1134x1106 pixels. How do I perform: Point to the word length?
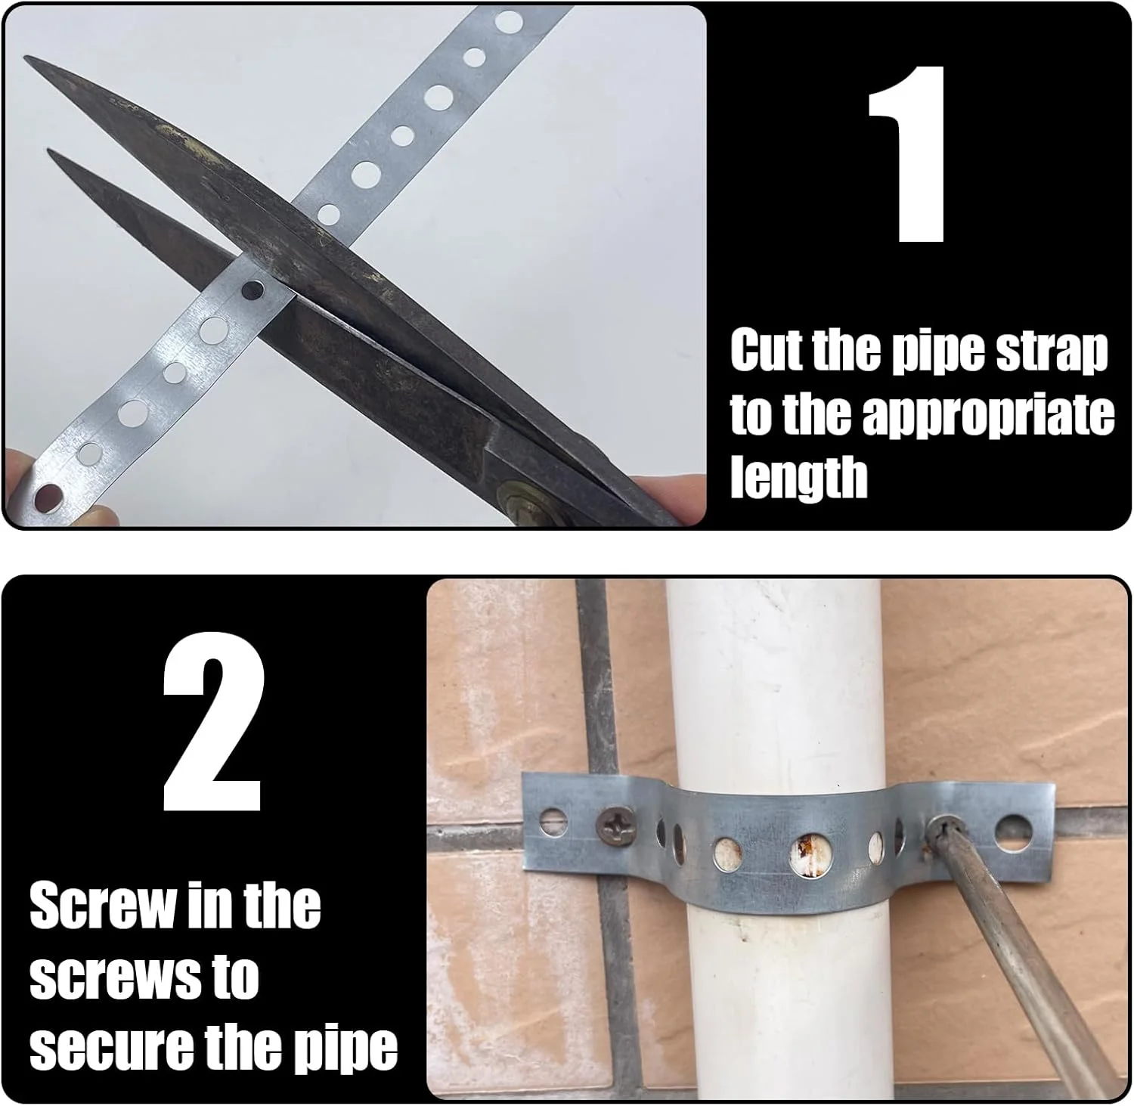pyautogui.click(x=798, y=476)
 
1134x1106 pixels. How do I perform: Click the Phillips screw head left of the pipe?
pyautogui.click(x=611, y=820)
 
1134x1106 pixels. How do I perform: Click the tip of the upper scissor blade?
pyautogui.click(x=24, y=57)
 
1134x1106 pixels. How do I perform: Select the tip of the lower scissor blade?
pyautogui.click(x=48, y=150)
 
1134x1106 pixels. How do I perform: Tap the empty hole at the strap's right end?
pyautogui.click(x=1013, y=830)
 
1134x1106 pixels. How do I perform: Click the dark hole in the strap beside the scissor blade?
pyautogui.click(x=252, y=290)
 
